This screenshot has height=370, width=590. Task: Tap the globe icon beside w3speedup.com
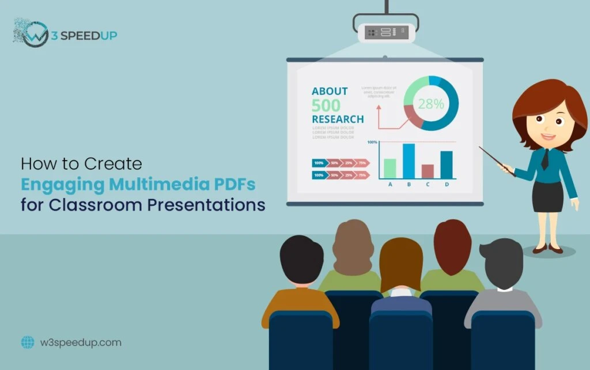[x=28, y=342]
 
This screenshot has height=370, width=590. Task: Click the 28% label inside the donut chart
[x=431, y=104]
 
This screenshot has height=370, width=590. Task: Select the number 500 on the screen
[x=326, y=105]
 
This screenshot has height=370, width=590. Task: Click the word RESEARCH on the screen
[x=338, y=119]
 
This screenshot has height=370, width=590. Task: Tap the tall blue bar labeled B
[x=408, y=161]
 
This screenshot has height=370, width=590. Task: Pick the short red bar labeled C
[x=427, y=171]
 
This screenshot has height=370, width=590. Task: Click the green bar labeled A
[x=390, y=168]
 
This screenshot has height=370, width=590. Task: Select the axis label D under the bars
[x=447, y=185]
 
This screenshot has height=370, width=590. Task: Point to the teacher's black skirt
[x=547, y=197]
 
